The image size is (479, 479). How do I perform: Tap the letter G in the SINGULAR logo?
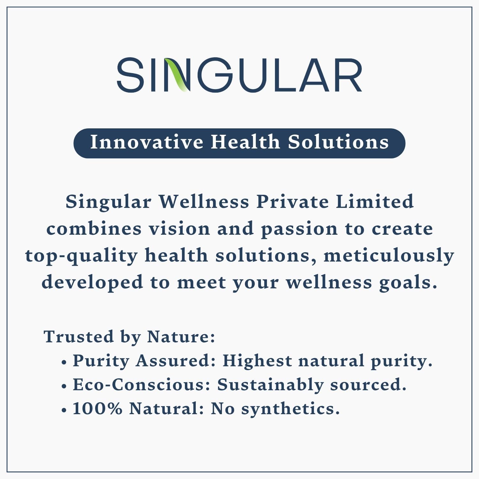click(215, 75)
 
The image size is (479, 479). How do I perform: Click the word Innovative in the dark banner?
click(147, 142)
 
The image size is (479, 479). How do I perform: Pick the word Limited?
click(375, 202)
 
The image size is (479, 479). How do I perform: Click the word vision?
click(179, 229)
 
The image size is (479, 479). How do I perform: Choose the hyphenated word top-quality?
click(81, 256)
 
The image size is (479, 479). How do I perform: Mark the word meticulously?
click(389, 256)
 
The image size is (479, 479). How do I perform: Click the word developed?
click(92, 283)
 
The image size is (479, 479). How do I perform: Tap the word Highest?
click(257, 361)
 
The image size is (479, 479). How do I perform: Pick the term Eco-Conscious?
click(141, 385)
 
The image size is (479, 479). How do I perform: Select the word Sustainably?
click(270, 385)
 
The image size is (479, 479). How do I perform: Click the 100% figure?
click(97, 408)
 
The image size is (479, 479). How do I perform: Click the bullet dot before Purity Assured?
click(64, 363)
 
